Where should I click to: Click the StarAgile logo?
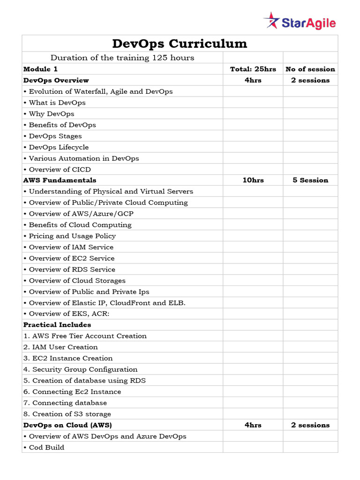tap(300, 22)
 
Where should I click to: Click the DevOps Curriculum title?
tap(180, 44)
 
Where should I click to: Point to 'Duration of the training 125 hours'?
tap(122, 58)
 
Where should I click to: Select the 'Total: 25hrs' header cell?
tap(253, 69)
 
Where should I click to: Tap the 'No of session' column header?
tap(310, 69)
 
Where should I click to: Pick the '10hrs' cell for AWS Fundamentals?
tap(253, 180)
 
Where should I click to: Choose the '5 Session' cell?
tap(310, 180)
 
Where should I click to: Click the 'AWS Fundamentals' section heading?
tap(60, 180)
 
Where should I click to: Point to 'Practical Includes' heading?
tap(57, 324)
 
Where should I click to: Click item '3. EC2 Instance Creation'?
tap(68, 358)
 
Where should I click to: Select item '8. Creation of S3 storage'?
tap(67, 414)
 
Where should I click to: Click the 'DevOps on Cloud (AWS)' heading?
tap(67, 425)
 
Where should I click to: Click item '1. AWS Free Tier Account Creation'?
tap(85, 336)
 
